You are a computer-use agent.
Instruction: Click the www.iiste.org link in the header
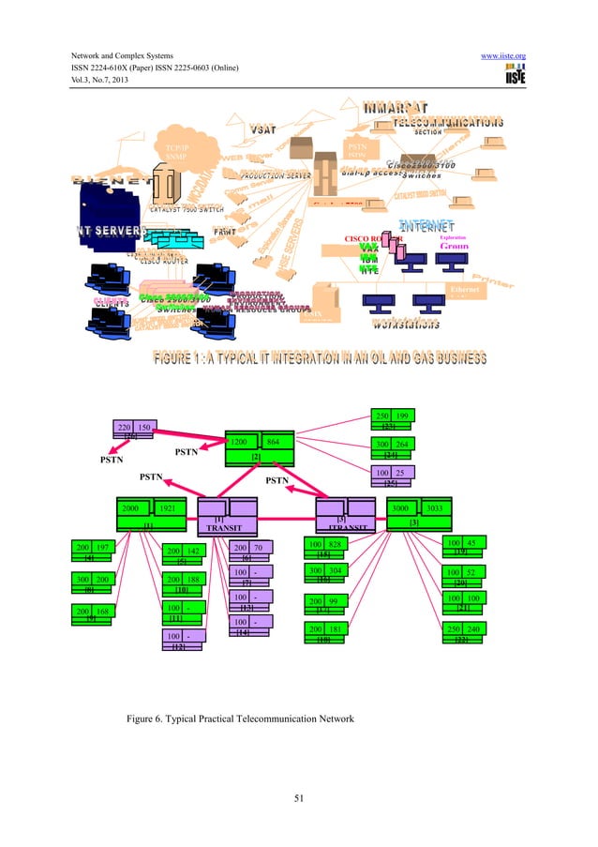502,56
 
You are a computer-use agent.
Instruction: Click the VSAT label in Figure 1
262,128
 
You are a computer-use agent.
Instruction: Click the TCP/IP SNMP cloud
179,151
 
